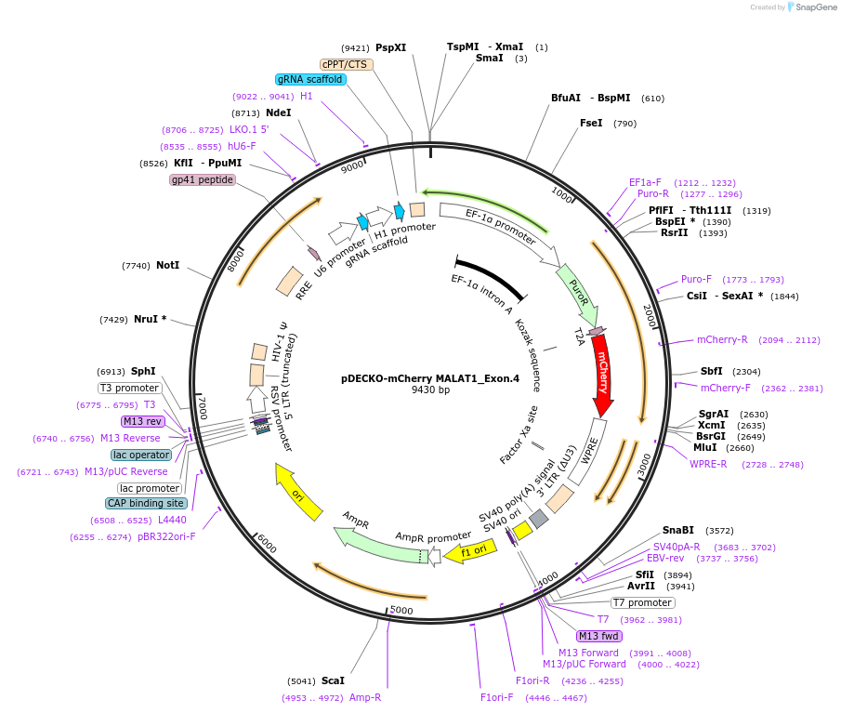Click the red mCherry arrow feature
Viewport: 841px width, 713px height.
click(601, 372)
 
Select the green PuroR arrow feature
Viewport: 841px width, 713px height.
click(578, 293)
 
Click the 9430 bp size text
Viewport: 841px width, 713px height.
click(430, 390)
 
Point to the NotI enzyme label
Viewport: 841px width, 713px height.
click(168, 265)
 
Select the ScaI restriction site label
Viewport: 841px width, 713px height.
click(333, 680)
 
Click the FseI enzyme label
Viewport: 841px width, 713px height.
click(591, 123)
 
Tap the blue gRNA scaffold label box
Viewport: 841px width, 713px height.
click(311, 80)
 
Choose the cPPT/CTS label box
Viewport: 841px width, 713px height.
click(347, 64)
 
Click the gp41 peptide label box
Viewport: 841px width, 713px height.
click(203, 179)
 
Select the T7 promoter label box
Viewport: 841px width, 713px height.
click(643, 602)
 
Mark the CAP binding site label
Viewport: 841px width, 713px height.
click(146, 503)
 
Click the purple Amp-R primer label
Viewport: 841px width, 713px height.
click(365, 697)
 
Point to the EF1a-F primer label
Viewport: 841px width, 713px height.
click(645, 182)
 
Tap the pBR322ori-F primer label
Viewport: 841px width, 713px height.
click(167, 536)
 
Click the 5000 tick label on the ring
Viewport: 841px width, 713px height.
click(401, 610)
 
